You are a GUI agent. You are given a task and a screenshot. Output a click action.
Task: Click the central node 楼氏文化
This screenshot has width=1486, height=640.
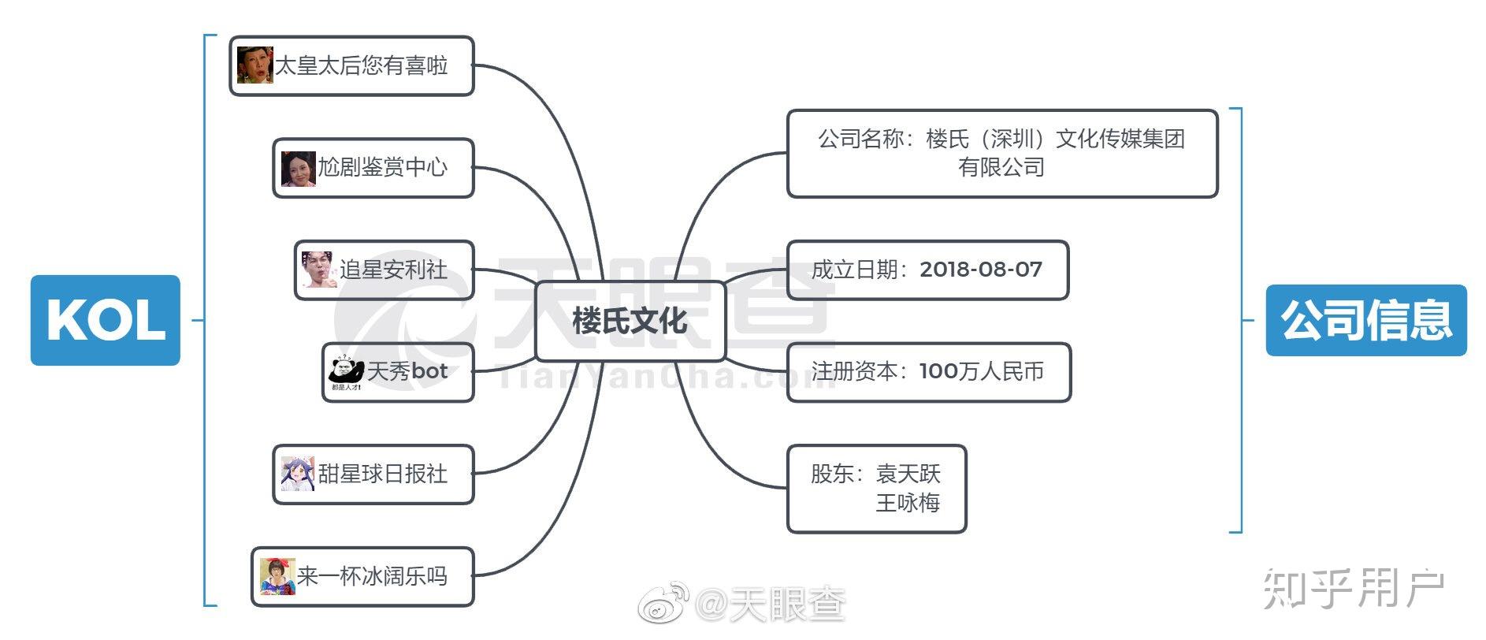tap(630, 321)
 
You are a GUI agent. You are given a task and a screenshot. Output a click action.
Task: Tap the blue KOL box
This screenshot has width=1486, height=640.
tap(106, 320)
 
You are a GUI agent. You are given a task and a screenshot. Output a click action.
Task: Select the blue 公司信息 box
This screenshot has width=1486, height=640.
tap(1366, 320)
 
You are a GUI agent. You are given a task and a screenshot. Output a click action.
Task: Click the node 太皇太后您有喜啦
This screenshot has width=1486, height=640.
tap(351, 66)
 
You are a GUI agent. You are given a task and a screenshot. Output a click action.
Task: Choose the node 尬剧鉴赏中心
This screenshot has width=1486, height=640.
tap(373, 168)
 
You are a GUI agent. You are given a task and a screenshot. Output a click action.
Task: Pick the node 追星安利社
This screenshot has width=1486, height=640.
tap(385, 270)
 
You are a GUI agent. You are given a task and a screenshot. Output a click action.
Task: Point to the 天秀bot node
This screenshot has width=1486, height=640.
tap(398, 372)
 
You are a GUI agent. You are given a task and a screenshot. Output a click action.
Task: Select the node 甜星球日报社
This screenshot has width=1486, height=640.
tap(373, 474)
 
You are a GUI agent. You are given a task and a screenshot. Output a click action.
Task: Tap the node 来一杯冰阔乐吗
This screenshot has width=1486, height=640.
tap(362, 577)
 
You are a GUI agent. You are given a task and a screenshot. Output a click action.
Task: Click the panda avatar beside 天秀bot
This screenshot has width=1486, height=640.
tap(346, 372)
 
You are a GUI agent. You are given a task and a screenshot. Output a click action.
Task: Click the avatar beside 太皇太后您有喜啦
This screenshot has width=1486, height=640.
tap(254, 65)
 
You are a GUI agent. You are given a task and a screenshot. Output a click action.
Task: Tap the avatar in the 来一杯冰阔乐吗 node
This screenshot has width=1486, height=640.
tap(277, 576)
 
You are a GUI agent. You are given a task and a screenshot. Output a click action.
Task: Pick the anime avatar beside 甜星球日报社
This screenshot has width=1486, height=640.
tap(299, 474)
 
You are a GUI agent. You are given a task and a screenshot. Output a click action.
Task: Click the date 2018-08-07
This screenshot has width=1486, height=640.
tap(981, 270)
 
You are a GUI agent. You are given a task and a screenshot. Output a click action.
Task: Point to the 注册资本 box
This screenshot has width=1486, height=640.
tap(929, 372)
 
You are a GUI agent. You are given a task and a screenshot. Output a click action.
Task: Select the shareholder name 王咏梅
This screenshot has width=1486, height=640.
tap(908, 503)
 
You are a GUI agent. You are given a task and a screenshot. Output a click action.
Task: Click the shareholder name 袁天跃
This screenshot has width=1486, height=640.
tap(908, 474)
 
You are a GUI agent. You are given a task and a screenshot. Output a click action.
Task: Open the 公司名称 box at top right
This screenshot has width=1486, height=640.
tap(1002, 154)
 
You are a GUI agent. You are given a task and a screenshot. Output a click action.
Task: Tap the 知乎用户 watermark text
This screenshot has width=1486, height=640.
tap(1354, 589)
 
